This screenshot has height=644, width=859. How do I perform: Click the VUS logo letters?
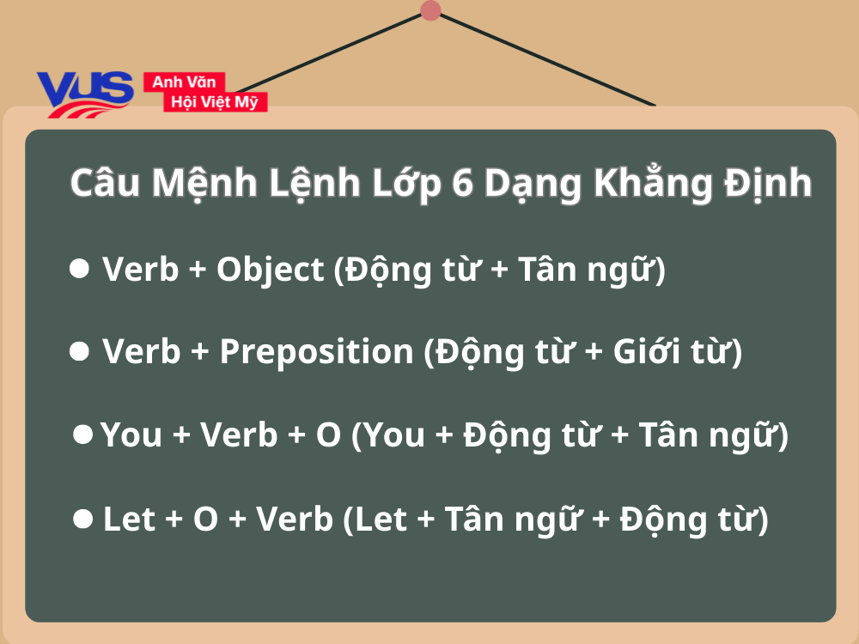coord(85,90)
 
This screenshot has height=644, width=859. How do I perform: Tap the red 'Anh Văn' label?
coord(184,82)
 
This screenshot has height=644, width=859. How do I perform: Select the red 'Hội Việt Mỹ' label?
coord(216,102)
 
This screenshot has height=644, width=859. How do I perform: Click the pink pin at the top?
coord(431,10)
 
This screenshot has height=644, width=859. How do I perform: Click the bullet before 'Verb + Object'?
coord(79,269)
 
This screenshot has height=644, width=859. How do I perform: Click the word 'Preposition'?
coord(316,352)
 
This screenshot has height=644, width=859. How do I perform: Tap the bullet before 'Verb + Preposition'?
coord(79,351)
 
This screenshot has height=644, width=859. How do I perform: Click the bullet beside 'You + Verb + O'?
coord(83,434)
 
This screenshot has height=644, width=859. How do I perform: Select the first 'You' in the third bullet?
coord(131,435)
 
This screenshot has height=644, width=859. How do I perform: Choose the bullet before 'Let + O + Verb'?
coord(83,518)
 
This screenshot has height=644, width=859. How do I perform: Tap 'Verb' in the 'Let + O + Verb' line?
coord(295,519)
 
